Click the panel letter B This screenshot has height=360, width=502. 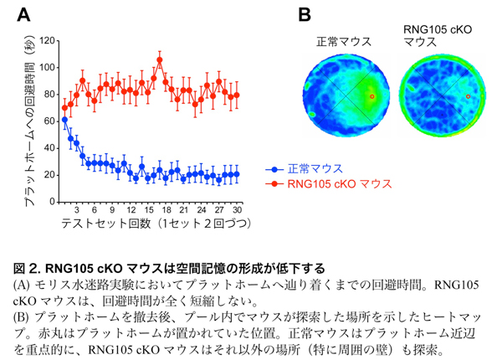coord(305,14)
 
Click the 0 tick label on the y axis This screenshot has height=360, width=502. coord(51,202)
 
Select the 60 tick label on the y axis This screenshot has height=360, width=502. coord(48,121)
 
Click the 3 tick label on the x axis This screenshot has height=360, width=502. coord(76,211)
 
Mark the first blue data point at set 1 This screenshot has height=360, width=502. coord(64,120)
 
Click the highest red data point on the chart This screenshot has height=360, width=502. coord(159,60)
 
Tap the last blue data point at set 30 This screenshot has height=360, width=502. coord(237,174)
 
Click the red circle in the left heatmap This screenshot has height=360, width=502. coord(372,96)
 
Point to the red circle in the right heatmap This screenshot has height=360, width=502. coord(467,96)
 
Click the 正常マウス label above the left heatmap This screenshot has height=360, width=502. coord(344,41)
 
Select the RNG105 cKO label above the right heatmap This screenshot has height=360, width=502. coord(435,28)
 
